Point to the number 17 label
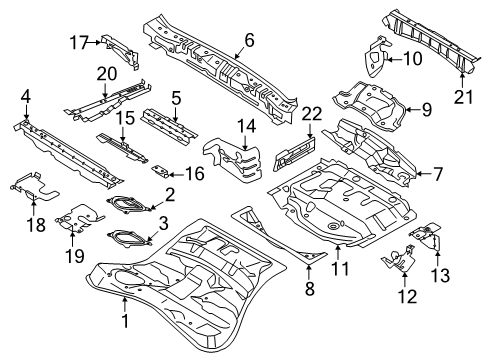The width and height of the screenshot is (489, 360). [x=80, y=41]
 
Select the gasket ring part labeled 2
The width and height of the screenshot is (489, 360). [x=126, y=204]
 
